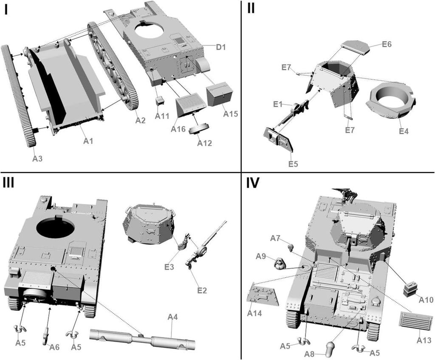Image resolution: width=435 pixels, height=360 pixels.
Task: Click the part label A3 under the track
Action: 38,158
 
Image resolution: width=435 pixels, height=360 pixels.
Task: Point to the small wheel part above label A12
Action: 201,129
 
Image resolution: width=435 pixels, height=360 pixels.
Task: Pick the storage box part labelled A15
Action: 220,94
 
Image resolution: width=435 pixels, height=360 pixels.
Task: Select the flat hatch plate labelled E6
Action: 355,47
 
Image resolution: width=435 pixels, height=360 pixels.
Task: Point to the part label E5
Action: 293,164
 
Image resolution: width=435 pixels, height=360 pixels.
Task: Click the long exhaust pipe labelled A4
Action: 142,339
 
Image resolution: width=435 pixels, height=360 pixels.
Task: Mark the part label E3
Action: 169,267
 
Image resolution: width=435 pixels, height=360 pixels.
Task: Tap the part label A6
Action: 54,347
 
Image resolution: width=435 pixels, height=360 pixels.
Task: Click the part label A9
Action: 261,256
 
